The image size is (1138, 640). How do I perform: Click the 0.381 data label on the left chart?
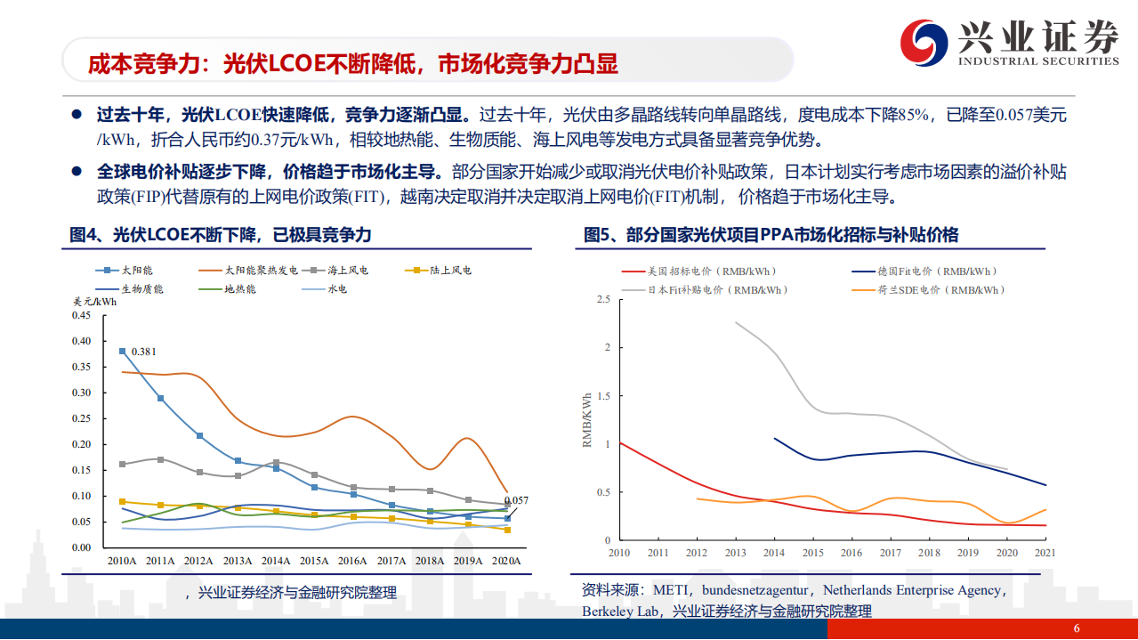click(144, 352)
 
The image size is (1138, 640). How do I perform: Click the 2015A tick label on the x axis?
click(314, 561)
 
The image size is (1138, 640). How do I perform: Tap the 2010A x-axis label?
click(121, 561)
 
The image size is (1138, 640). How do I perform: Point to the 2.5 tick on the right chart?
click(603, 300)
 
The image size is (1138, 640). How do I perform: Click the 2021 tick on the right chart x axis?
click(1045, 553)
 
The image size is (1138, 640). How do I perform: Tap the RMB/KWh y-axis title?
click(587, 419)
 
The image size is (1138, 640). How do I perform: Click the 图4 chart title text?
click(221, 235)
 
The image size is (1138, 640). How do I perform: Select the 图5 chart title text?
click(771, 235)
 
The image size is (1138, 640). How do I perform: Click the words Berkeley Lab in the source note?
click(623, 612)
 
